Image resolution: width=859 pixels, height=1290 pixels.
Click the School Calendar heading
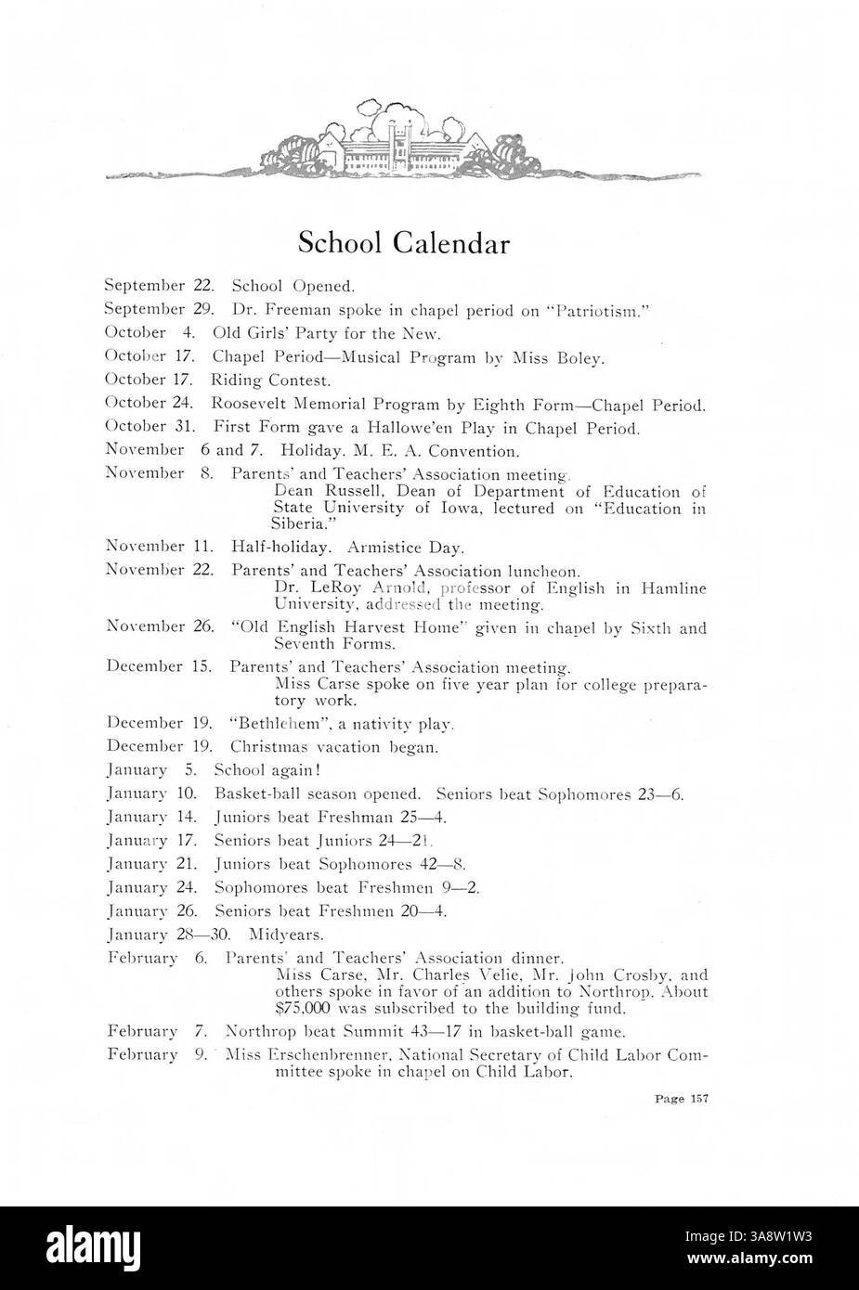pyautogui.click(x=404, y=243)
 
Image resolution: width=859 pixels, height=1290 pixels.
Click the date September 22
pyautogui.click(x=161, y=287)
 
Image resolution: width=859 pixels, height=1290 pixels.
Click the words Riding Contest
pyautogui.click(x=270, y=381)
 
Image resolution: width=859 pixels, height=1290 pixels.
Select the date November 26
pyautogui.click(x=161, y=627)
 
